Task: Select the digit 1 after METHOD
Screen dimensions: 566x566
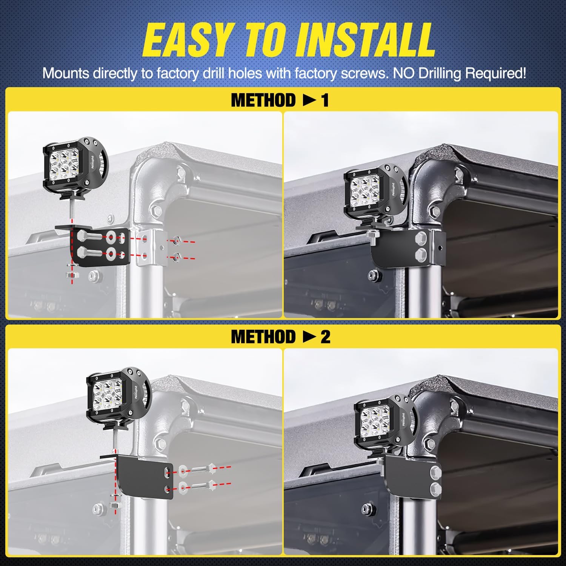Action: (325, 100)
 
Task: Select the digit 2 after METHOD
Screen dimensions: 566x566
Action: (325, 337)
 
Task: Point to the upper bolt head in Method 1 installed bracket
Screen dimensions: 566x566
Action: (421, 238)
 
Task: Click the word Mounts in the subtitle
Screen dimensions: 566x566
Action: (66, 73)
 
